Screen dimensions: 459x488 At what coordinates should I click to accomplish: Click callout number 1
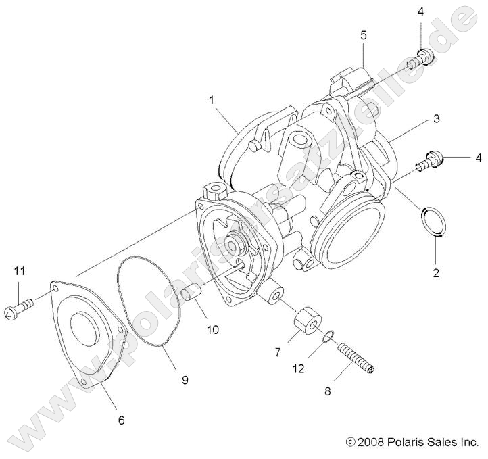pyautogui.click(x=212, y=100)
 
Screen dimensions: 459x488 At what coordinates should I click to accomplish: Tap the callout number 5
pyautogui.click(x=363, y=34)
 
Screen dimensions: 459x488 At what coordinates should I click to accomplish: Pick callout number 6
pyautogui.click(x=122, y=420)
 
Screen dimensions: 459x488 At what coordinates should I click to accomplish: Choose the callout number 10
pyautogui.click(x=212, y=330)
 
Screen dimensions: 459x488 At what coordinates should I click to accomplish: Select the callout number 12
pyautogui.click(x=299, y=370)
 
